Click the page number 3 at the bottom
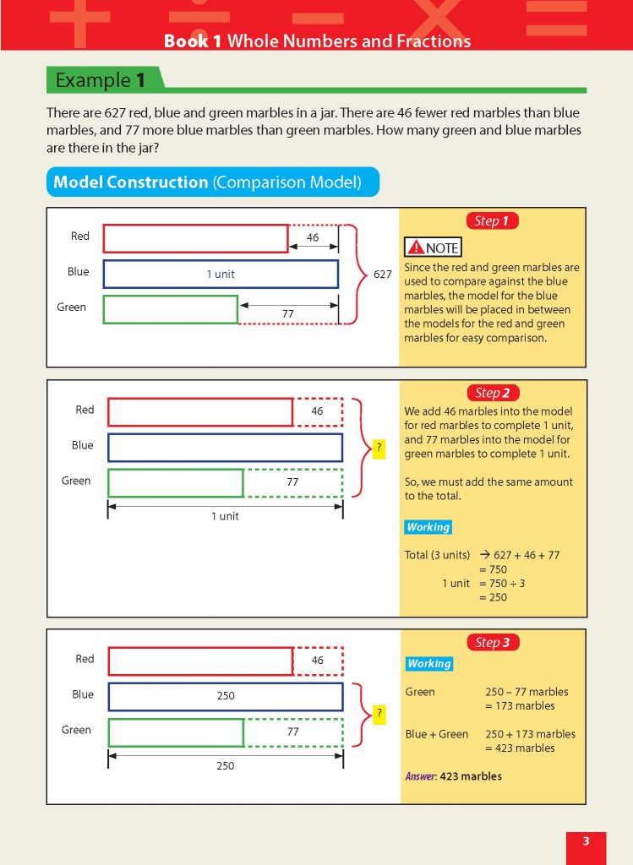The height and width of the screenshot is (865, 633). pos(586,841)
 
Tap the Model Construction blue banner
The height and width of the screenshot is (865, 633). pos(208,182)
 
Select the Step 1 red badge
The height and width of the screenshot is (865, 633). pos(491,221)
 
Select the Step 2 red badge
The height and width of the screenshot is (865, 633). pos(492,393)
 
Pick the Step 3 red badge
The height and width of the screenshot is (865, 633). pos(492,643)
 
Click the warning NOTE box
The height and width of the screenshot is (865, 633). pos(434,248)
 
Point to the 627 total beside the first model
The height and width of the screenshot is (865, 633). pos(383,274)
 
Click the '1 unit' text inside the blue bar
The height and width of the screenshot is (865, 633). pos(221,275)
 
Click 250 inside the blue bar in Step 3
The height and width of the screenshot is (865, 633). pos(225,696)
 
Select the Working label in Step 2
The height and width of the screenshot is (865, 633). pos(428,527)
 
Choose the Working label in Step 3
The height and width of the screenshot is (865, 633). pos(429,664)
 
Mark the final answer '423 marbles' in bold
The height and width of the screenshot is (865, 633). pos(471,776)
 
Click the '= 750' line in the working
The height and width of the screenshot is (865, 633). pos(493,569)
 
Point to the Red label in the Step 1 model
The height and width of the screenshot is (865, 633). pos(79,237)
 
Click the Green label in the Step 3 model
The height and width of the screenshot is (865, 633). pos(76,730)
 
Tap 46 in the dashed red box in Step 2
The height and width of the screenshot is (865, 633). pos(317,411)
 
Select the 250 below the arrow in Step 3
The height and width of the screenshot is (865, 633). pos(225,766)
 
